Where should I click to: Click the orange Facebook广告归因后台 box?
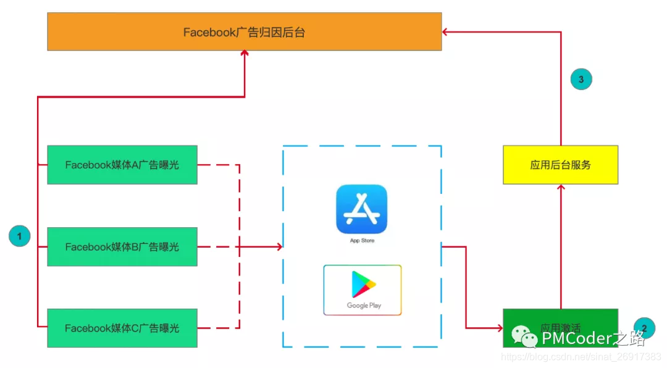click(245, 31)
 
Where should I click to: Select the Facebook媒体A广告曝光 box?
click(122, 165)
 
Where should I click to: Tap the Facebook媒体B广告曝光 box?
click(122, 246)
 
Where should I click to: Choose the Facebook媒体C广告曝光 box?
click(122, 328)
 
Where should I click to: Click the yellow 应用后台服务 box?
click(560, 165)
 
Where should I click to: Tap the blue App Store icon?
click(362, 209)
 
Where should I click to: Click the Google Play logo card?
click(363, 290)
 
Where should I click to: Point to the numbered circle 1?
click(19, 236)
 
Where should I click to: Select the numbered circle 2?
click(644, 327)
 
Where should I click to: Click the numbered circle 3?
click(581, 79)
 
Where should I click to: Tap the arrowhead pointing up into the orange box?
click(245, 54)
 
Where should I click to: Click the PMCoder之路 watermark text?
click(593, 338)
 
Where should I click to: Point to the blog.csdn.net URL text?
click(581, 358)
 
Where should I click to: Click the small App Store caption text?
click(362, 240)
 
